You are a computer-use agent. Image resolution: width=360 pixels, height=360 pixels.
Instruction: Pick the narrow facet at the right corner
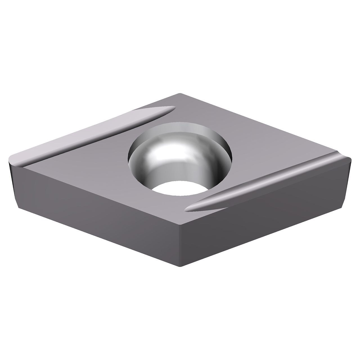click(348, 180)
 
